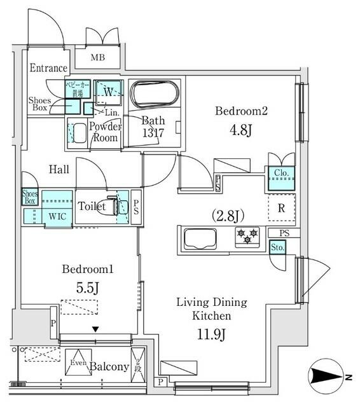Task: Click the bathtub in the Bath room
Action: tap(156, 95)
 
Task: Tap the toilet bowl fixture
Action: tap(114, 206)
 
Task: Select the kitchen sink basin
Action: tap(200, 240)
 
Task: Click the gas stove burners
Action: tap(247, 235)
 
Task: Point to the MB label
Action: tap(97, 59)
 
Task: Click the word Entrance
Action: tap(48, 69)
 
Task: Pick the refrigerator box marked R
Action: tap(281, 207)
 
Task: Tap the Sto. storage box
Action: tap(277, 247)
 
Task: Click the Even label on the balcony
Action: tap(78, 363)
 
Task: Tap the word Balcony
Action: tap(109, 367)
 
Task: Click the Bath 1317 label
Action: tap(153, 127)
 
